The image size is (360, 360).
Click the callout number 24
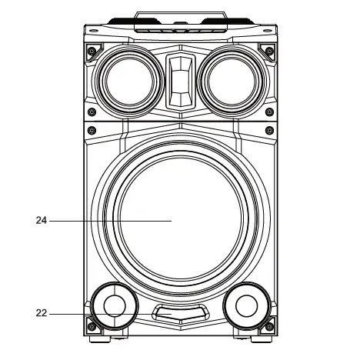[x=42, y=220]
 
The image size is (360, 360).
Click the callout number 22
[x=42, y=313]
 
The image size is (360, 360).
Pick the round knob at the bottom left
[x=113, y=305]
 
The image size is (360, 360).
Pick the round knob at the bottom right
[x=245, y=306]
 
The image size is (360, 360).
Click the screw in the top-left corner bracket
[x=92, y=52]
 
